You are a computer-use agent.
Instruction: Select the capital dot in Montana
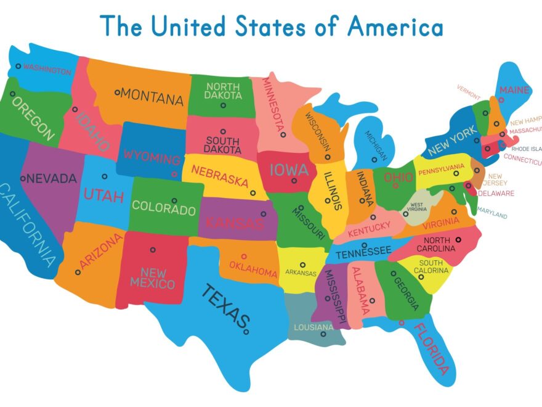pyautogui.click(x=117, y=93)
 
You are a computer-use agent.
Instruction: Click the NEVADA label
pyautogui.click(x=52, y=179)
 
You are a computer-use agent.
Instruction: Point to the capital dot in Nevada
pyautogui.click(x=23, y=179)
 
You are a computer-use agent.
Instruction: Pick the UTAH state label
pyautogui.click(x=103, y=197)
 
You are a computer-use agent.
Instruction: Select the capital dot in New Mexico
pyautogui.click(x=153, y=250)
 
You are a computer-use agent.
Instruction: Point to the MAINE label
pyautogui.click(x=514, y=91)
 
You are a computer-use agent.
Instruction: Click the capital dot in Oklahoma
pyautogui.click(x=244, y=256)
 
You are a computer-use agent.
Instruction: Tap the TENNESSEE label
pyautogui.click(x=363, y=251)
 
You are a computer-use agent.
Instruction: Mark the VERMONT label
pyautogui.click(x=468, y=91)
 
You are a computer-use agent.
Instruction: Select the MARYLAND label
pyautogui.click(x=491, y=215)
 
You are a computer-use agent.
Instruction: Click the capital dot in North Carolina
pyautogui.click(x=458, y=239)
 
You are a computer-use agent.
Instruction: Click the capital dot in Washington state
pyautogui.click(x=18, y=66)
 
